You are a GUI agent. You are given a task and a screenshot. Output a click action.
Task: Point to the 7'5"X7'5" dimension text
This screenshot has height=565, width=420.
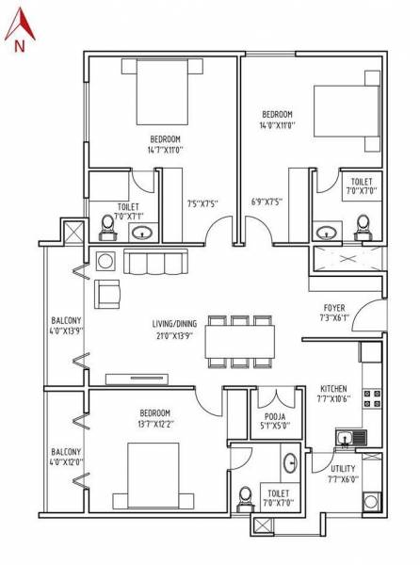coord(202,202)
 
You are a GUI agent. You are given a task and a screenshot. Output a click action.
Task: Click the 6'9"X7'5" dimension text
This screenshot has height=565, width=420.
coord(267,202)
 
